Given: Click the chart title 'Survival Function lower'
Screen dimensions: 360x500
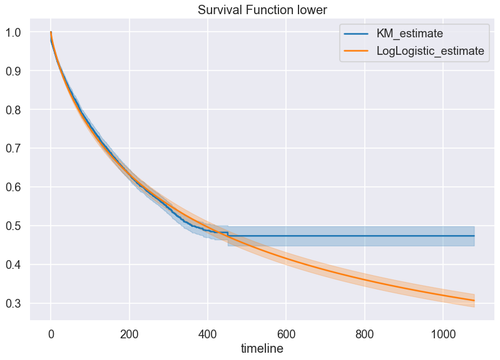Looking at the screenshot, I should (263, 10).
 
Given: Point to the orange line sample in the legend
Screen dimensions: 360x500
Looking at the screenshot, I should (357, 50).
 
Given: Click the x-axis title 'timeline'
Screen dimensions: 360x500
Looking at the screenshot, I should (263, 349).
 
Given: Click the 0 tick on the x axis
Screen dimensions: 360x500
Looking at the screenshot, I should (51, 331).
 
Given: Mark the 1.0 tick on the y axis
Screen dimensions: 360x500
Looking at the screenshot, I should (18, 33).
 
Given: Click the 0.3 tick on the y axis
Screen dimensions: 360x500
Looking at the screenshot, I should (18, 303).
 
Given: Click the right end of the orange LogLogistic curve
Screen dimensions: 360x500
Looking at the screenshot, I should (474, 300).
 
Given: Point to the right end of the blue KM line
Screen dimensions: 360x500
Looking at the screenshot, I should (474, 236).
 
